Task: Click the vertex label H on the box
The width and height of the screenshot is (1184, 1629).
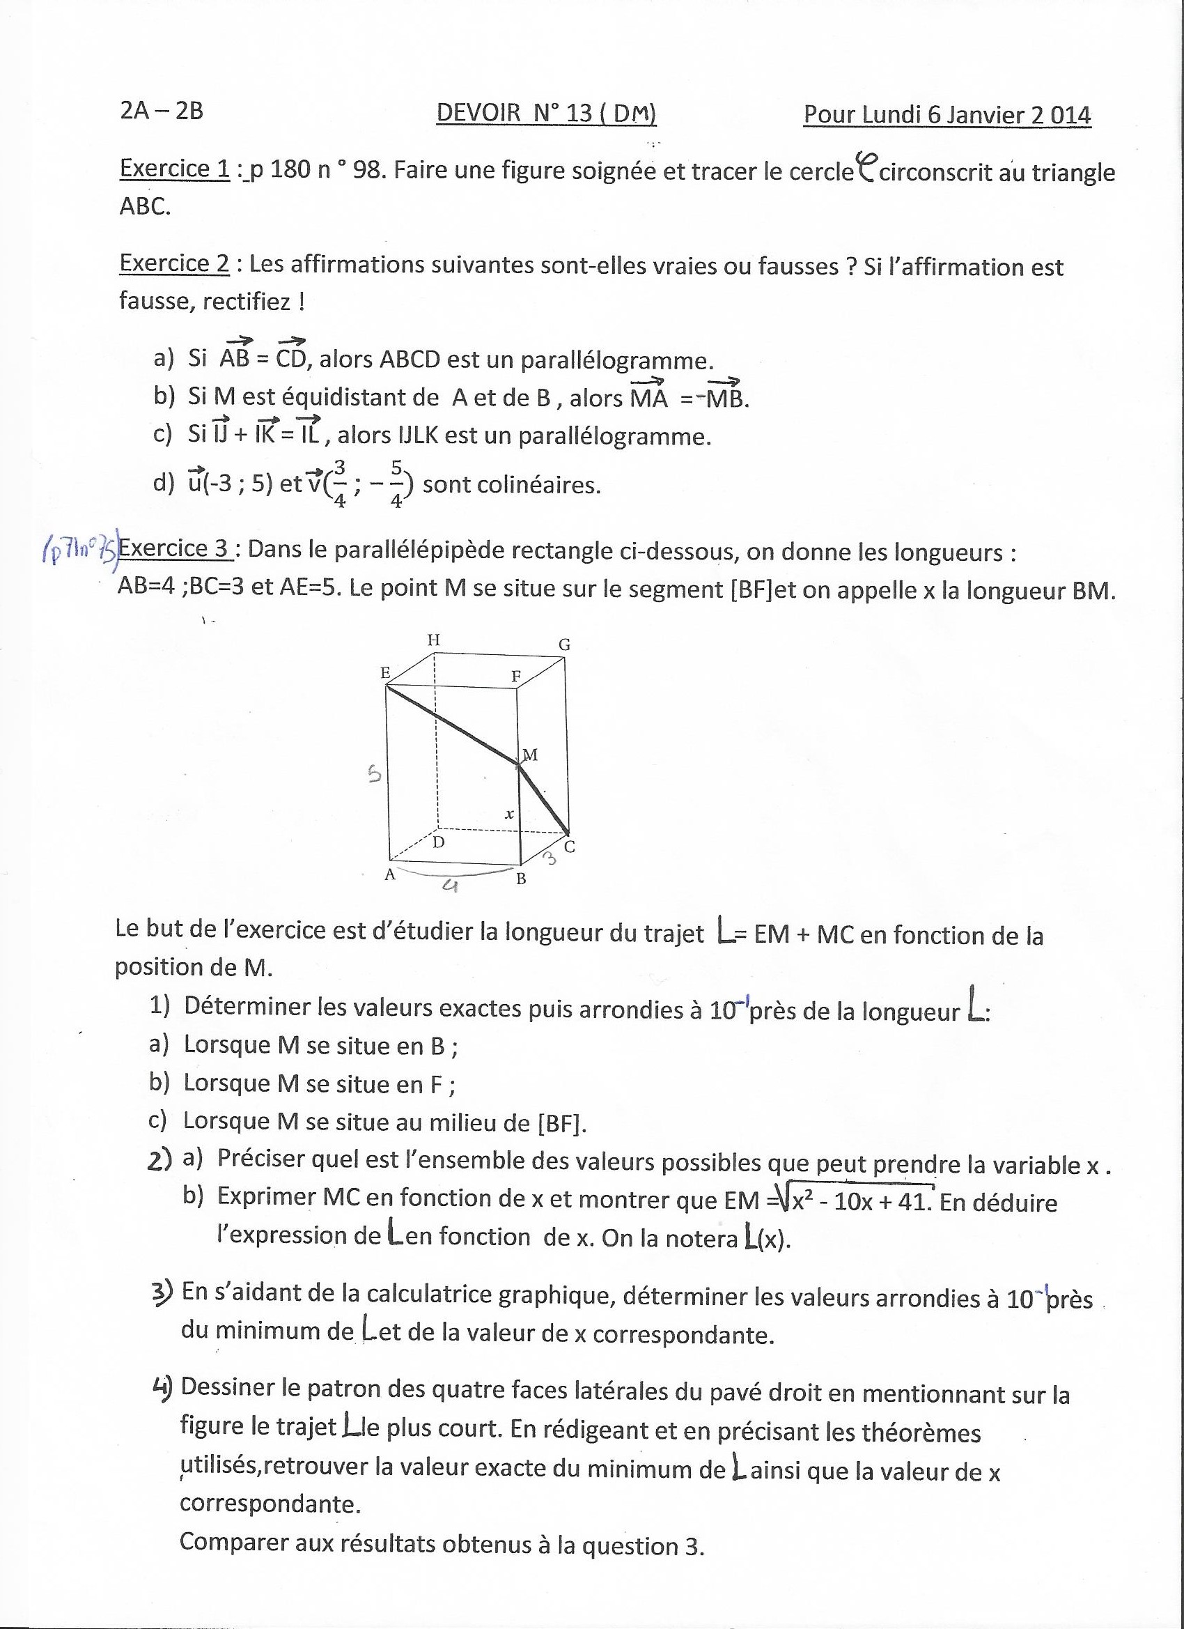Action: [x=434, y=640]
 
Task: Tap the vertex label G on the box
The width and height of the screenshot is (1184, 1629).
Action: [x=564, y=644]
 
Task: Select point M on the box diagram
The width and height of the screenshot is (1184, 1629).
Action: [x=520, y=764]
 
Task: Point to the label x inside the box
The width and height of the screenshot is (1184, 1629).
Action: [x=509, y=814]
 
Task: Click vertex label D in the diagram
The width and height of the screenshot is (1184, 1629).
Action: [x=439, y=842]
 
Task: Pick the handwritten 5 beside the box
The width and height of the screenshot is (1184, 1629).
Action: [x=373, y=775]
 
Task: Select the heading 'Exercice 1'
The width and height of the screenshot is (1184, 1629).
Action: [x=175, y=168]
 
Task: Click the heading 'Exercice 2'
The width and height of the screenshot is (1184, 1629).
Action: [x=175, y=263]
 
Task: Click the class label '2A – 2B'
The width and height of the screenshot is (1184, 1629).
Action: [x=162, y=111]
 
